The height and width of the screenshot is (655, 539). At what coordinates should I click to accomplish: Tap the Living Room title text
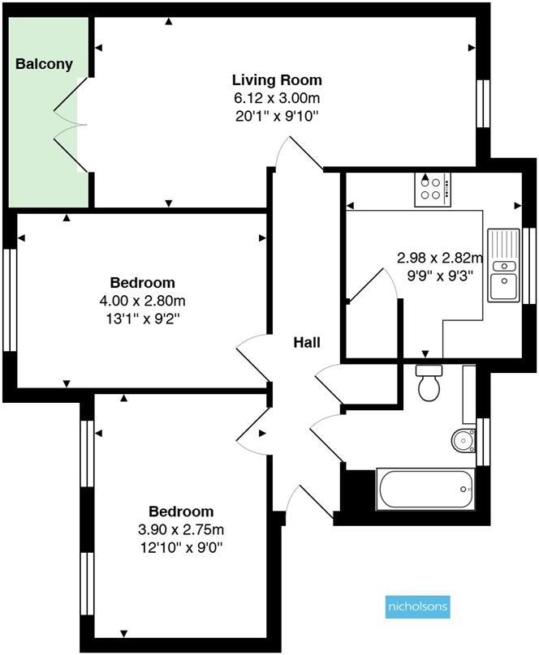[x=277, y=80]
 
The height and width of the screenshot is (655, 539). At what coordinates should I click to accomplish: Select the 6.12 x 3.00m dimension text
[x=277, y=97]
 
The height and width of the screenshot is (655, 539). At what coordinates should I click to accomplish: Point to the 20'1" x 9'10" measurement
[x=277, y=115]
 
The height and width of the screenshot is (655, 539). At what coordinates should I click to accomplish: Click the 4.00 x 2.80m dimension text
[x=143, y=301]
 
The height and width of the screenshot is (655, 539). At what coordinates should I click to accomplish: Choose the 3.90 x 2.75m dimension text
[x=181, y=529]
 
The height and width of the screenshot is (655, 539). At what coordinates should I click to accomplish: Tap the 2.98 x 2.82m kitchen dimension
[x=439, y=258]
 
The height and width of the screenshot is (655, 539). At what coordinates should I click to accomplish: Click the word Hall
[x=307, y=343]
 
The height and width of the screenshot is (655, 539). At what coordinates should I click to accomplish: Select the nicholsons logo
[x=416, y=606]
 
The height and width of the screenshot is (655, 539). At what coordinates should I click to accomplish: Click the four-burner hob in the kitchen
[x=432, y=190]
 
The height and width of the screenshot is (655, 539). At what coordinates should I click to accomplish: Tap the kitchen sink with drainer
[x=503, y=265]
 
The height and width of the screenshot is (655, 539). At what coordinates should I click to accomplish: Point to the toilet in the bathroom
[x=427, y=383]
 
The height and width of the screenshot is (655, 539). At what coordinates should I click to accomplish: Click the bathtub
[x=425, y=490]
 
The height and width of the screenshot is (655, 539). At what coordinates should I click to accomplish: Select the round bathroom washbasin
[x=464, y=440]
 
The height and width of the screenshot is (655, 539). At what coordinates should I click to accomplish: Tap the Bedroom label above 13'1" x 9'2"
[x=143, y=283]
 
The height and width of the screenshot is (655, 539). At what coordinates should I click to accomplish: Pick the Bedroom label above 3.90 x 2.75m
[x=181, y=512]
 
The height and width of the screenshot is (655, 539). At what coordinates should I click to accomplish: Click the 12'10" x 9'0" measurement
[x=181, y=547]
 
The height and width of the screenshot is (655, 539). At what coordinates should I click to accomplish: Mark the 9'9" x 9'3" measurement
[x=439, y=275]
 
